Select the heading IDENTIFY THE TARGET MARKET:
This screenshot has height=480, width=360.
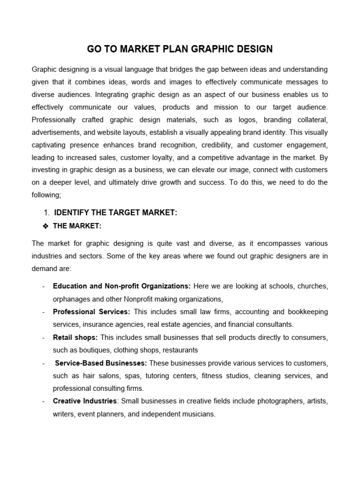coord(116,213)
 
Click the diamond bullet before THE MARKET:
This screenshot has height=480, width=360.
coord(45,226)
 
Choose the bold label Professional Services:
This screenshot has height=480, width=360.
coord(91,312)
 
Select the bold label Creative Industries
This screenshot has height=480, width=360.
coord(84,401)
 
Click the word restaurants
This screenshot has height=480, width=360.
coord(180,350)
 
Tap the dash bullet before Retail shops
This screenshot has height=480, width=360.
coord(43,337)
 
